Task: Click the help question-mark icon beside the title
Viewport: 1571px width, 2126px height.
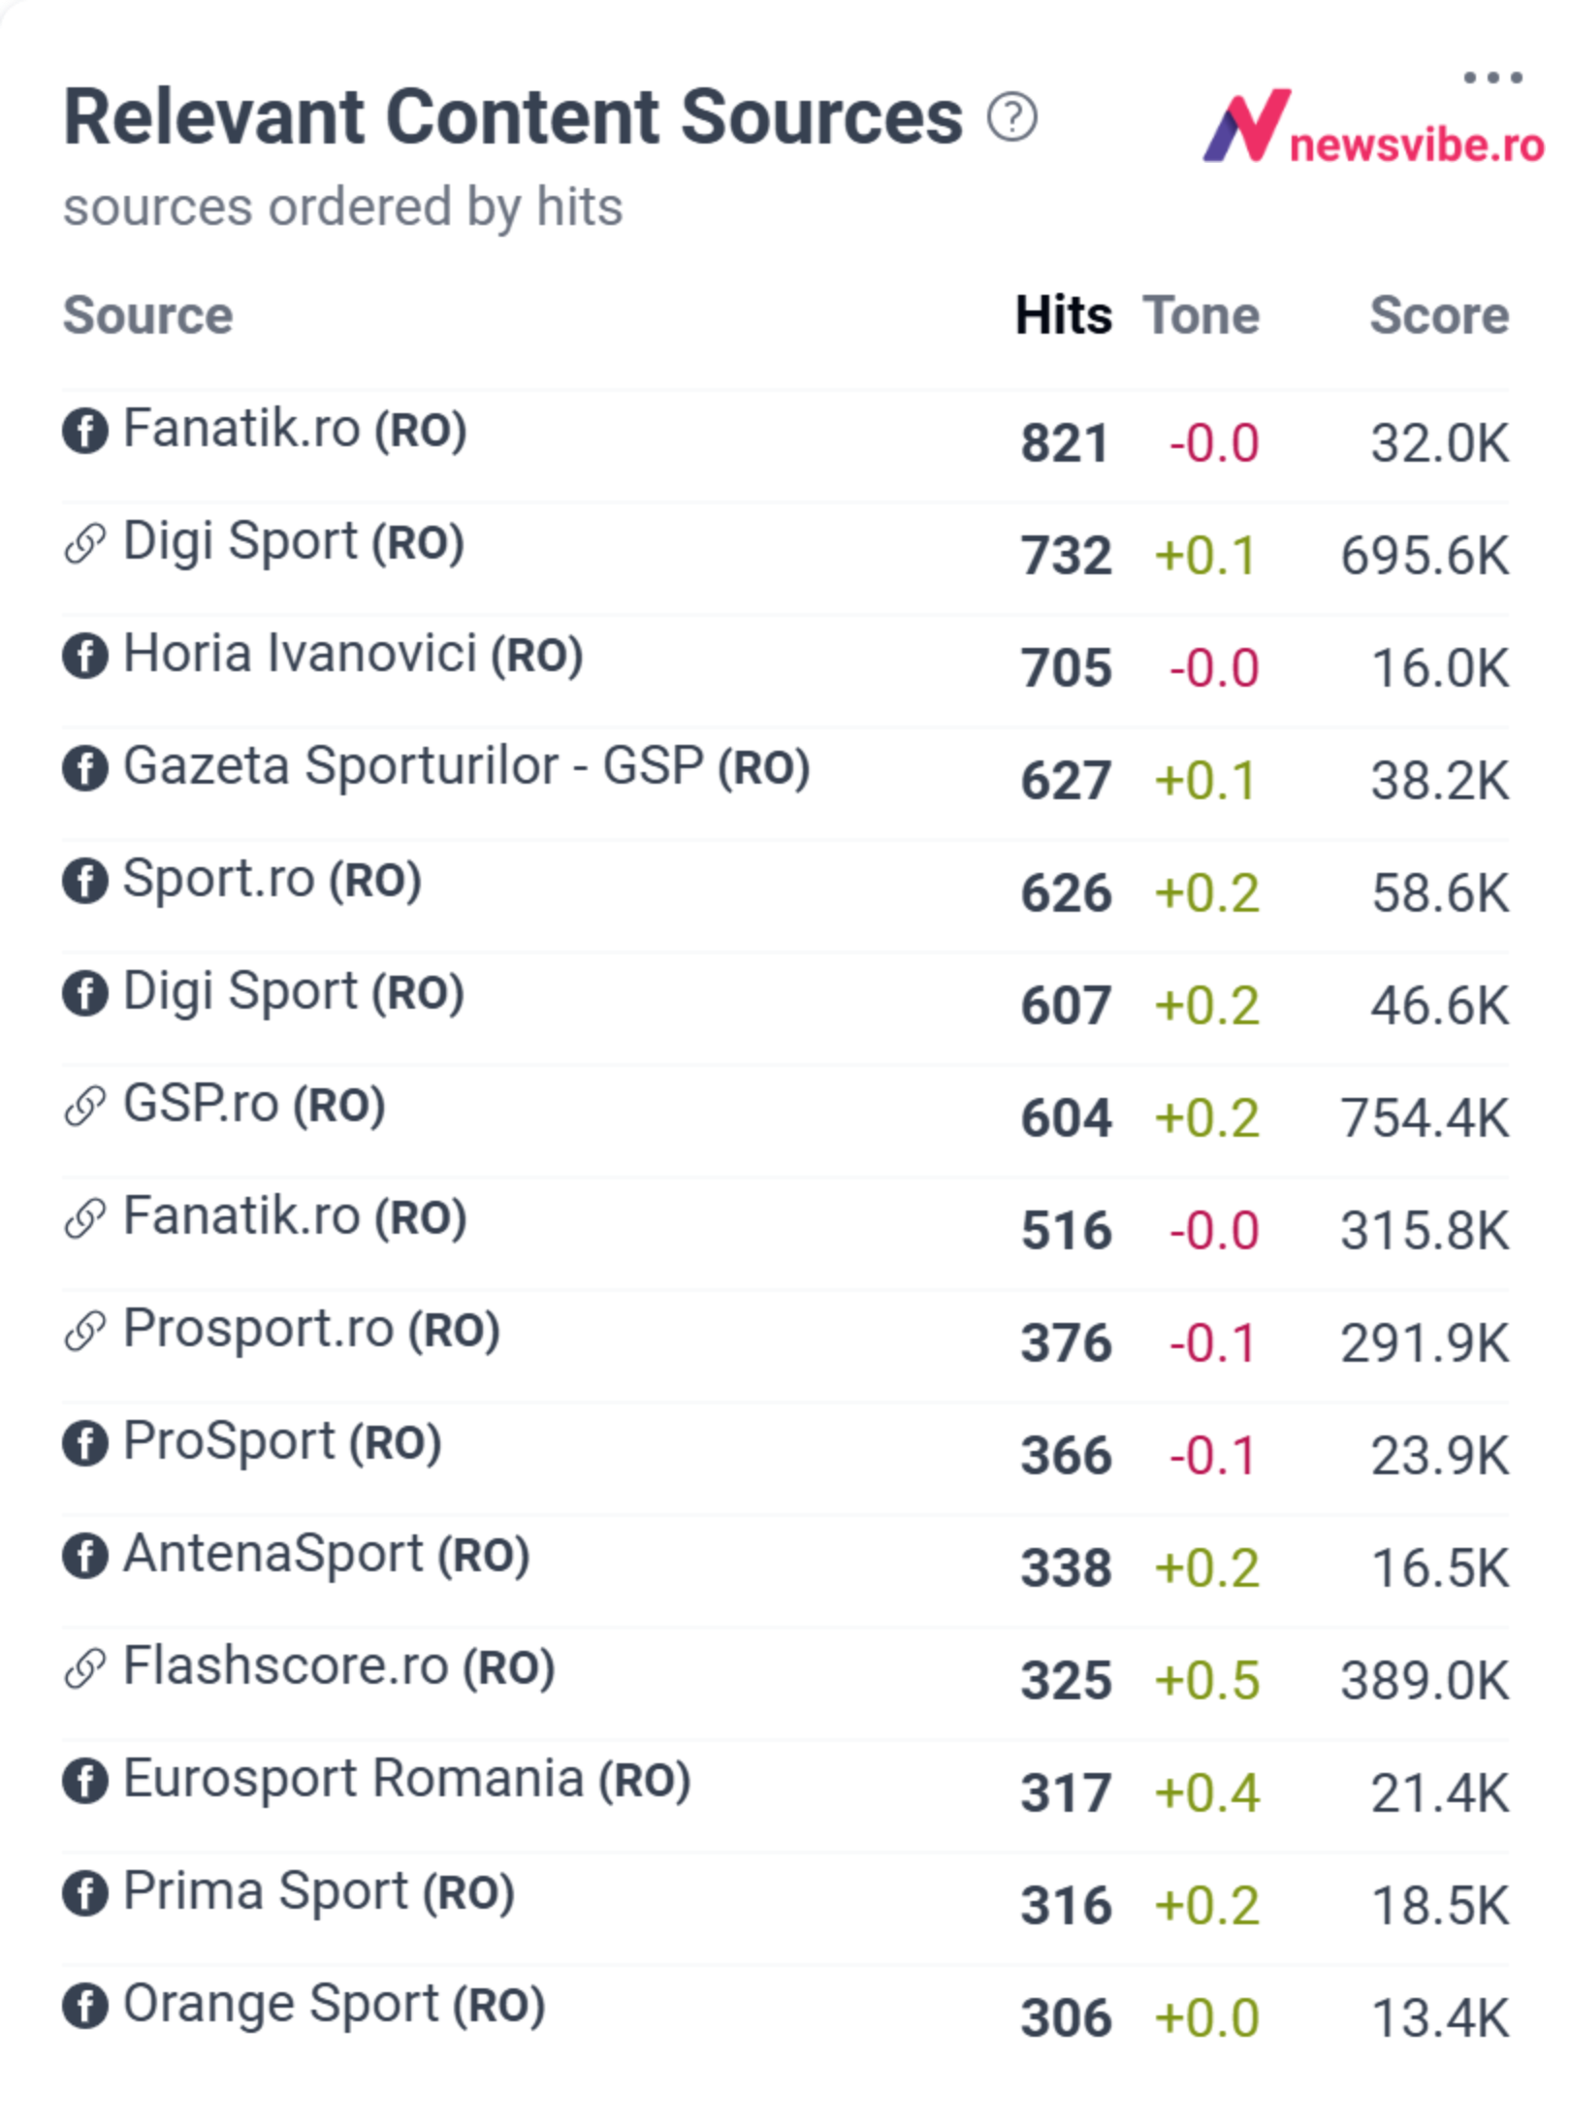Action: coord(1011,117)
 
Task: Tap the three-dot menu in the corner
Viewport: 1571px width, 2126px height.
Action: coord(1492,78)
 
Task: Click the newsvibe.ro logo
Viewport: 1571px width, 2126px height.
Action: coord(1372,126)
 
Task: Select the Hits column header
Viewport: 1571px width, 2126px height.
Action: coord(1064,315)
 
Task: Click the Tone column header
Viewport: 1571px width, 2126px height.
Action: coord(1202,315)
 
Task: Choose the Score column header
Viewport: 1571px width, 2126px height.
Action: coord(1439,315)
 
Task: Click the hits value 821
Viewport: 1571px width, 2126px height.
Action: coord(1065,444)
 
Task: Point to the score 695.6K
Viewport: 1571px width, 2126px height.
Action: coord(1425,557)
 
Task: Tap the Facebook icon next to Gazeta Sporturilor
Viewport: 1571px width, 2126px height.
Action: coord(85,768)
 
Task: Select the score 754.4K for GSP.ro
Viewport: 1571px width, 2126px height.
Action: coord(1425,1118)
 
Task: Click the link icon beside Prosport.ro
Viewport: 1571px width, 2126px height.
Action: coord(85,1331)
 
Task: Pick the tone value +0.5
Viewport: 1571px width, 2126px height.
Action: coord(1206,1681)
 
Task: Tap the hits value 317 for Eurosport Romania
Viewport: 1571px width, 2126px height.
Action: coord(1065,1793)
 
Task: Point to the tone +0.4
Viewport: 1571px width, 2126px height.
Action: coord(1206,1793)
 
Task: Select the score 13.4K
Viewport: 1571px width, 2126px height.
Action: coord(1440,2018)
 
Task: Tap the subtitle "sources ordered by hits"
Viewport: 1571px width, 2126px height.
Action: coord(342,208)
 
